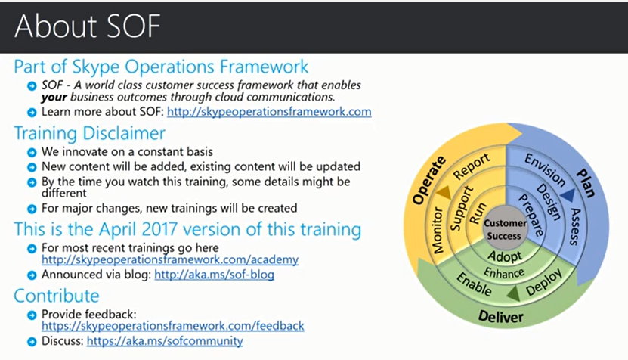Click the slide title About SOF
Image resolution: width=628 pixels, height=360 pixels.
(x=88, y=26)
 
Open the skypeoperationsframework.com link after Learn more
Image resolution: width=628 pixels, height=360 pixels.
(x=269, y=111)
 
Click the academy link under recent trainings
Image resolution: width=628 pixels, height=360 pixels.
(x=170, y=259)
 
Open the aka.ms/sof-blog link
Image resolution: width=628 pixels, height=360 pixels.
(x=215, y=275)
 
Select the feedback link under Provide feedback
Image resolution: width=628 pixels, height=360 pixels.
(x=172, y=326)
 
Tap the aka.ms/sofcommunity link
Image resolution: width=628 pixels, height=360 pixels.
(x=165, y=341)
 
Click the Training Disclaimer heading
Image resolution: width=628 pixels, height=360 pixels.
(x=89, y=134)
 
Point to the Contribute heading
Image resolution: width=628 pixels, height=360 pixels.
(x=57, y=296)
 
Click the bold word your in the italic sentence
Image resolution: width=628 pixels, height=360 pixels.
(x=54, y=98)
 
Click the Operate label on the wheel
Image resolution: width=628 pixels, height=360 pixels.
(x=429, y=180)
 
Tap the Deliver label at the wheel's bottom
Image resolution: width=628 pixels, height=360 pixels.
(x=500, y=317)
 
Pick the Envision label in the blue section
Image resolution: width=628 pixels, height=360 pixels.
(x=545, y=170)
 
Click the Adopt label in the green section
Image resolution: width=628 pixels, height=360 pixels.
(x=505, y=256)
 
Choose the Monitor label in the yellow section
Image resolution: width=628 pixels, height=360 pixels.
(x=438, y=231)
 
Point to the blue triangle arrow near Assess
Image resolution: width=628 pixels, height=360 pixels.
(x=568, y=195)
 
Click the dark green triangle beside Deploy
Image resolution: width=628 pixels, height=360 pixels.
(x=514, y=293)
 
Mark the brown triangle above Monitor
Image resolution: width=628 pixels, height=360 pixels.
(x=444, y=192)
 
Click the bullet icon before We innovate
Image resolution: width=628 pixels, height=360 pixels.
(x=32, y=152)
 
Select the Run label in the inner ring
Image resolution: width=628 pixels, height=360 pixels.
(x=478, y=213)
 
